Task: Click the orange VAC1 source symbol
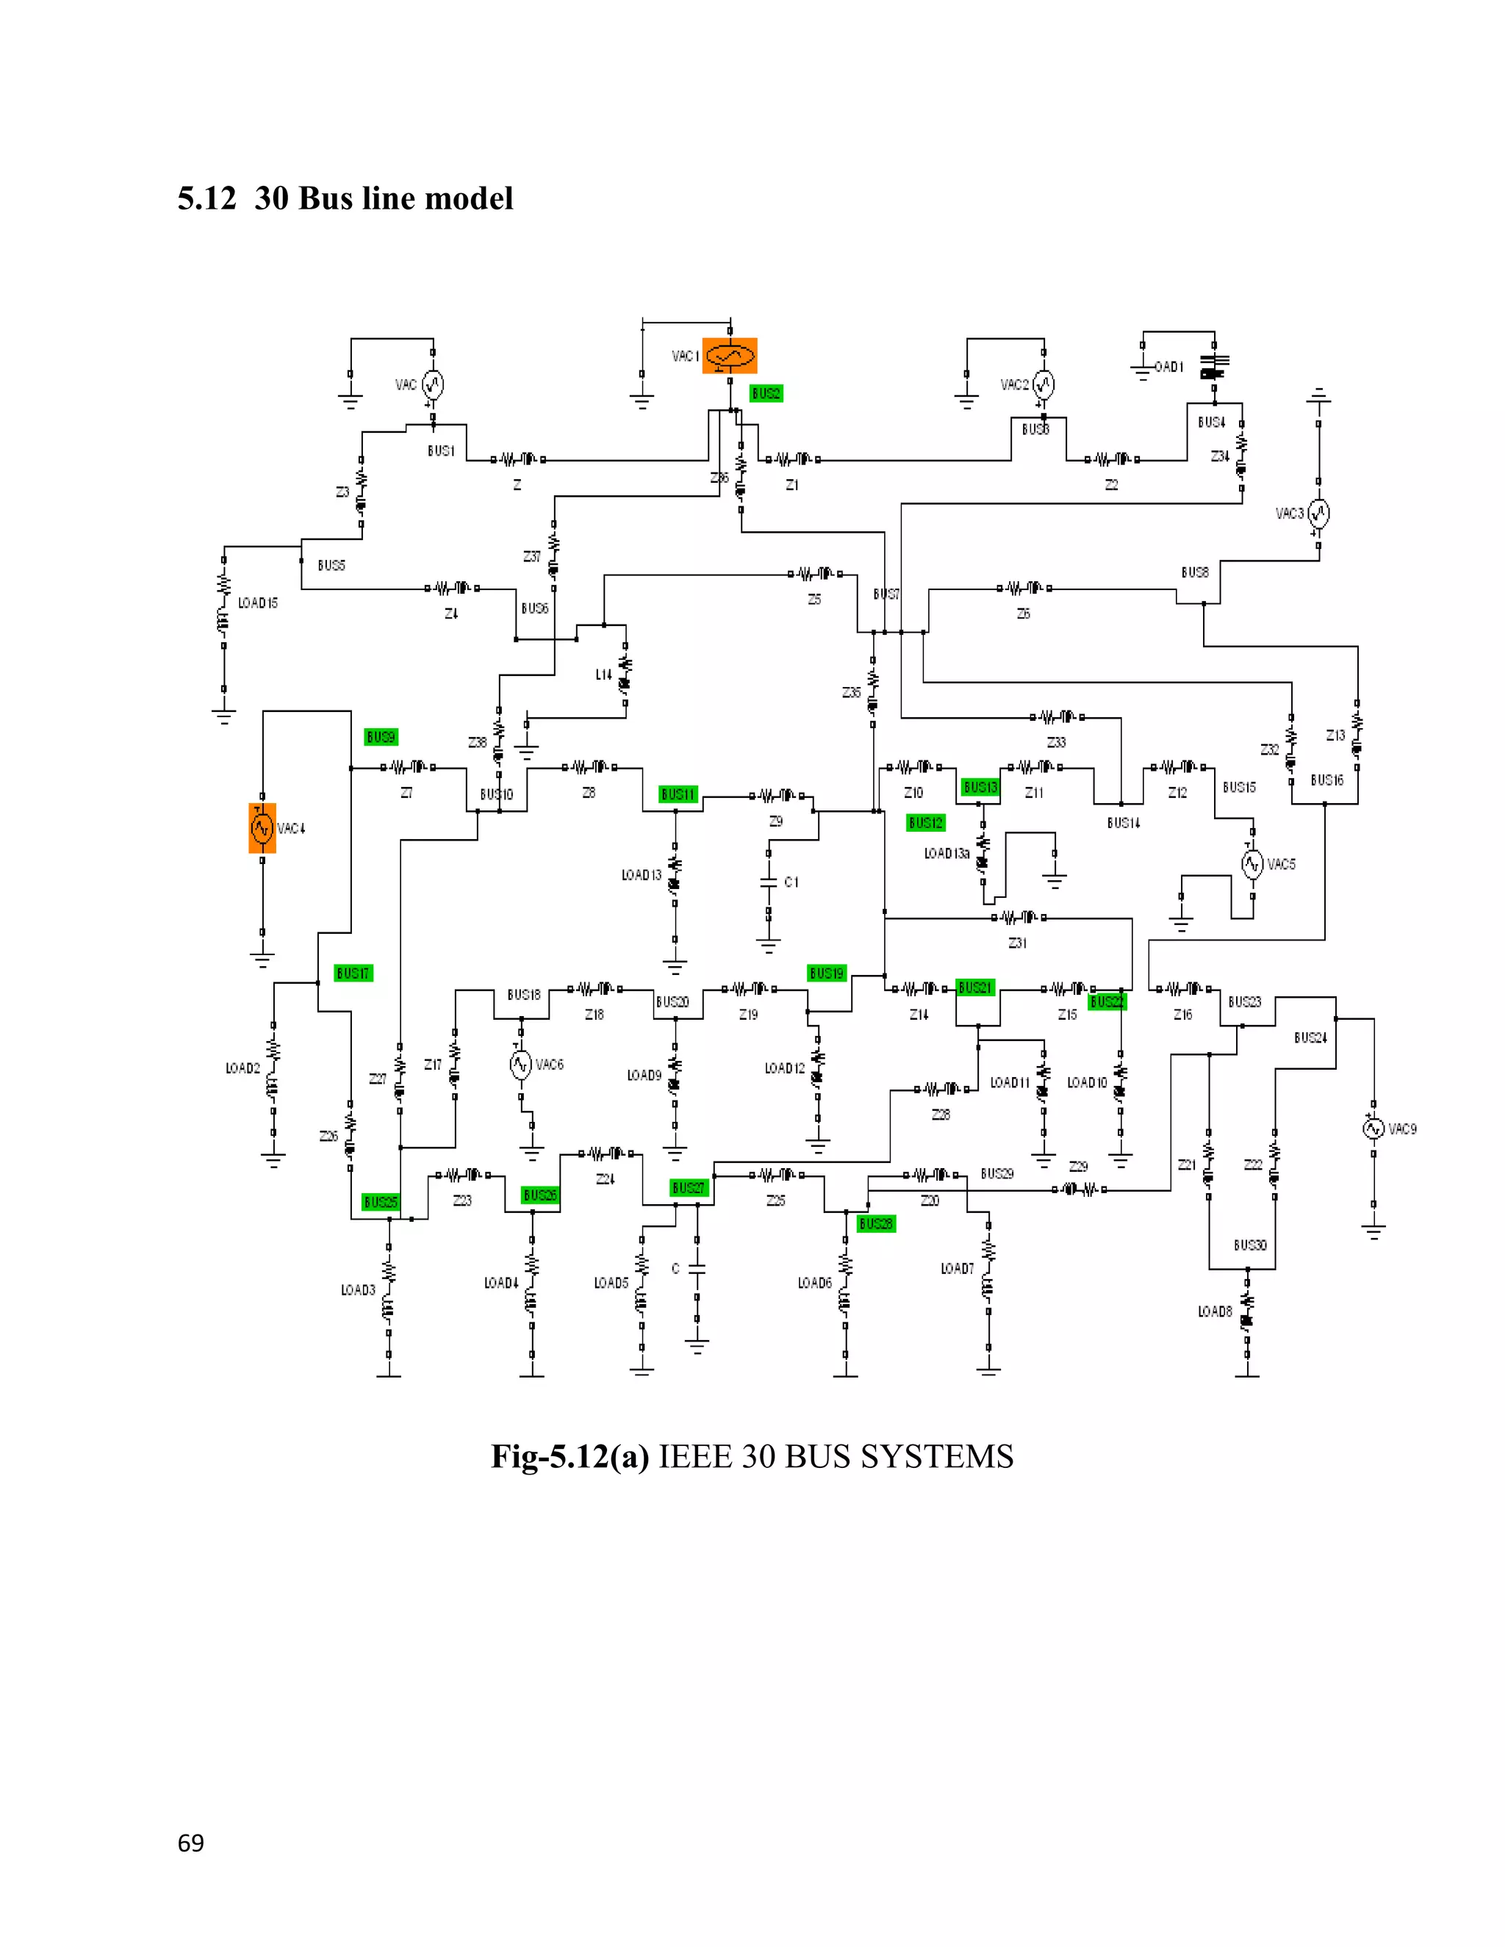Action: pos(729,356)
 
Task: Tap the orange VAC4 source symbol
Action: pos(262,828)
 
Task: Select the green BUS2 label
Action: pos(766,393)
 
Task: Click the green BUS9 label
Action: pos(381,736)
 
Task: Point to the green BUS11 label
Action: pos(678,793)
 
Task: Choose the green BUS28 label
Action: pos(875,1223)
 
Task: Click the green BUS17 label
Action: pos(353,973)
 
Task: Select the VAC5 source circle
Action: pos(1253,864)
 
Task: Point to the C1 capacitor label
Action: pos(791,882)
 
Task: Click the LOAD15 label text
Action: pos(258,602)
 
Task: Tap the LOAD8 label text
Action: pos(1214,1311)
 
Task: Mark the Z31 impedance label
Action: pos(1017,943)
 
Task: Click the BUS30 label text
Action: pos(1250,1245)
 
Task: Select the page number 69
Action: pos(191,1843)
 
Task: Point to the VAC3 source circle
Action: pos(1318,513)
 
